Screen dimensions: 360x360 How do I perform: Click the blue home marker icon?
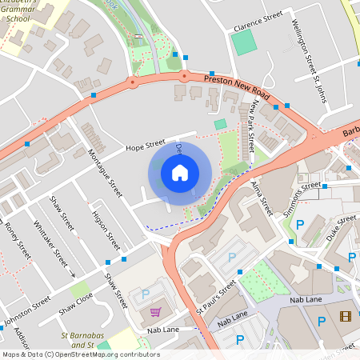click(180, 173)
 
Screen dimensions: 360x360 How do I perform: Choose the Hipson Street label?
click(106, 230)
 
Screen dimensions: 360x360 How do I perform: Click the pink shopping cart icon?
click(155, 311)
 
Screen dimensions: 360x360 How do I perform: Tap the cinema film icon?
click(345, 316)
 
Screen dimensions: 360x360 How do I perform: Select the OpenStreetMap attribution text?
click(80, 354)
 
